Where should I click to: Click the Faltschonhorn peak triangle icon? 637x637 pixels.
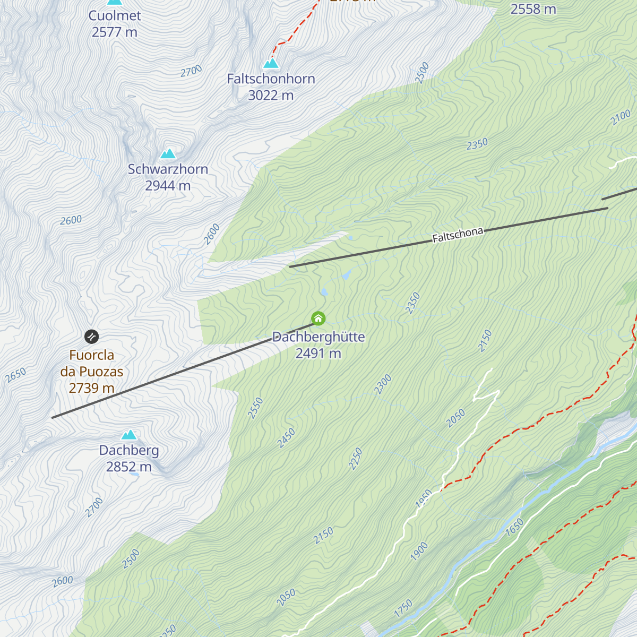[x=271, y=63]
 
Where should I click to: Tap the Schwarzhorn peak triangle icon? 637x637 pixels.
[x=168, y=153]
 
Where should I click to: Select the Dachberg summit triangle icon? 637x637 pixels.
[x=129, y=435]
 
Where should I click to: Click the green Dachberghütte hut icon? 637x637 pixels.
[x=318, y=318]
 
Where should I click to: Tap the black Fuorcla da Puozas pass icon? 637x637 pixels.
[x=92, y=337]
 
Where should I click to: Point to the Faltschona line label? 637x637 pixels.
[x=458, y=235]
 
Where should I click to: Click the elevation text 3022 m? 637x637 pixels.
[x=271, y=96]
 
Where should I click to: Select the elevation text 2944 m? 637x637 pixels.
[x=168, y=186]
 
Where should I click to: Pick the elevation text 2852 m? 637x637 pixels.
[x=129, y=467]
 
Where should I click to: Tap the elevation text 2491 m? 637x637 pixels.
[x=318, y=354]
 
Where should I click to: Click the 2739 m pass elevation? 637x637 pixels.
[x=92, y=388]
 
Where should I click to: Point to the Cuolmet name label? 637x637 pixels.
[x=115, y=16]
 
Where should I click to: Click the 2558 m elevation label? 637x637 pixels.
[x=533, y=10]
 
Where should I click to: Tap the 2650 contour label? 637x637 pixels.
[x=16, y=375]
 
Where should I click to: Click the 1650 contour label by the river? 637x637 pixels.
[x=514, y=527]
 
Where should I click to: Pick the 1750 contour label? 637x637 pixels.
[x=403, y=608]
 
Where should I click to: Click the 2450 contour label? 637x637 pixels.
[x=286, y=438]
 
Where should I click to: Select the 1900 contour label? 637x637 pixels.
[x=419, y=552]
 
